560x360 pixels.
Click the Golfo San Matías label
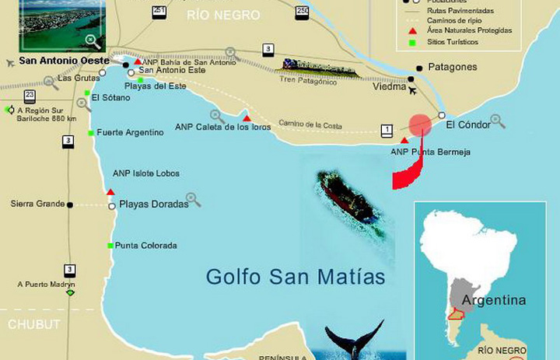(x=296, y=277)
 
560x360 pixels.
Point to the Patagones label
(x=452, y=68)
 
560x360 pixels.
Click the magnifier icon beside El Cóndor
(x=498, y=121)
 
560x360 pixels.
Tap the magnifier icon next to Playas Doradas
(x=194, y=200)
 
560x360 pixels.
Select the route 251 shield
(x=159, y=10)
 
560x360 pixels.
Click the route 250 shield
(x=303, y=10)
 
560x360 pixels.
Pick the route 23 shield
(x=30, y=96)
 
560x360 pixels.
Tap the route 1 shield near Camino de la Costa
(x=387, y=130)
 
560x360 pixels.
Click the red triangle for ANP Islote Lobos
(x=110, y=191)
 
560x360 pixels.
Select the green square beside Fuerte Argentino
(x=91, y=133)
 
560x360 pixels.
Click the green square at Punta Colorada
(x=110, y=246)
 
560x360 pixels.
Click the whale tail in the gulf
(x=354, y=339)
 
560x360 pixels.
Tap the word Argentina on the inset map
(x=493, y=300)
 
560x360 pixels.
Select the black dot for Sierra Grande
(x=70, y=204)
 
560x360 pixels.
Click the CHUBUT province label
(x=33, y=324)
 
